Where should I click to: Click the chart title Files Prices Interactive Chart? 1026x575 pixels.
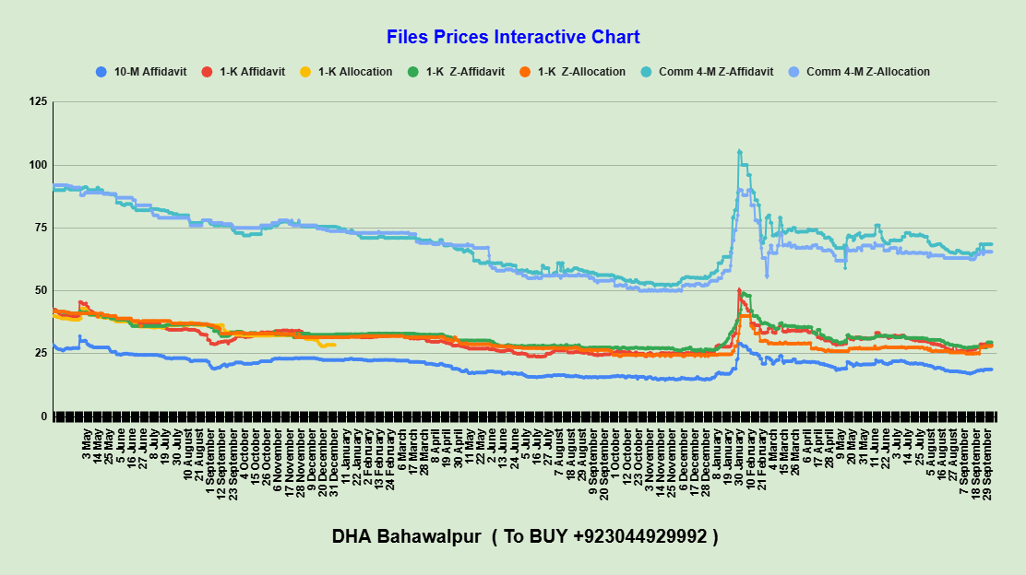coord(513,38)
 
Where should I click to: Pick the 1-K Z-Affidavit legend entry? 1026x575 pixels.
coord(464,72)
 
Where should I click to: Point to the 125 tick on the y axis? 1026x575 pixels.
coord(37,101)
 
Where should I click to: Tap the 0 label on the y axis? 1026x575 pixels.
coord(42,417)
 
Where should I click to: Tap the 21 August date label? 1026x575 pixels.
coord(199,453)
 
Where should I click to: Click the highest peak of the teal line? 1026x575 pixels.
coord(739,151)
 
